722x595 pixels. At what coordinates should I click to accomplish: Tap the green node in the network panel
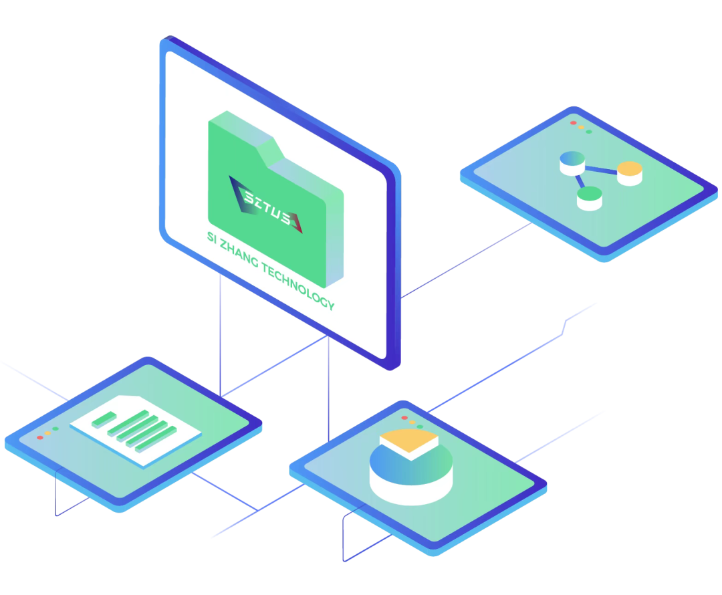click(x=589, y=194)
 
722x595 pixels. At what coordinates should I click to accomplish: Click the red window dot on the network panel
click(x=573, y=123)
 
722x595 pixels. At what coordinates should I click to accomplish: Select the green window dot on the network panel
click(x=589, y=131)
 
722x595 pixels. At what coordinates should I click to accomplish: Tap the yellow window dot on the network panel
click(x=581, y=127)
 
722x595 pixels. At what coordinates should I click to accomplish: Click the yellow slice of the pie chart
click(x=408, y=442)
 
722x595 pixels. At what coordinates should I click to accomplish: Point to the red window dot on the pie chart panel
click(x=404, y=418)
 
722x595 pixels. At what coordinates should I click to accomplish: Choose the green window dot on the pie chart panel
click(x=420, y=426)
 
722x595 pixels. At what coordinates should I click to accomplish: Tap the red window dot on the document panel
click(x=40, y=437)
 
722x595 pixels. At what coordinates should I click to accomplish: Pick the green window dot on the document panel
click(x=55, y=429)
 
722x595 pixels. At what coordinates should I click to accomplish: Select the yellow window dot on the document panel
click(x=47, y=433)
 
